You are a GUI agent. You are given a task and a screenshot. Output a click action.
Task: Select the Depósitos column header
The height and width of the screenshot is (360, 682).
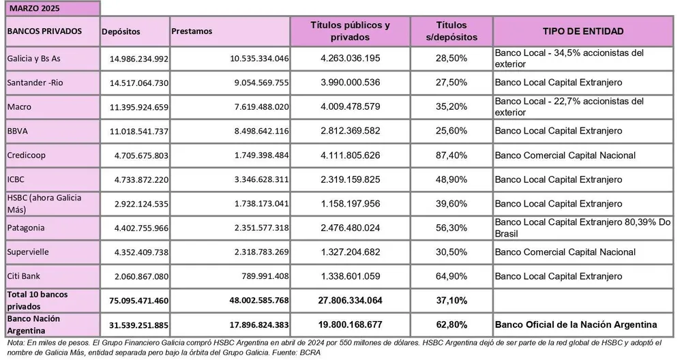coord(121,31)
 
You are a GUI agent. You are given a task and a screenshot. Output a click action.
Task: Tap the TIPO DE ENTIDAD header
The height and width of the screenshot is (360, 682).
coord(583,31)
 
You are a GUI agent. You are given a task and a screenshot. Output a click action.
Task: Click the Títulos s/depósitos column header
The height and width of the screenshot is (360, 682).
coord(451,31)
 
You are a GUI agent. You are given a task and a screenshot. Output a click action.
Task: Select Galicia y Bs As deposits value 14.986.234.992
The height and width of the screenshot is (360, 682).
coord(138,59)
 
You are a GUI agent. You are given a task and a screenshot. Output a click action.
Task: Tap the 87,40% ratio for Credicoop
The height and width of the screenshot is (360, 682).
coord(451,155)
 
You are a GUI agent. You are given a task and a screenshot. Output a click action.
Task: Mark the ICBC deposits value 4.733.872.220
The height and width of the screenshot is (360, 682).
coord(138,180)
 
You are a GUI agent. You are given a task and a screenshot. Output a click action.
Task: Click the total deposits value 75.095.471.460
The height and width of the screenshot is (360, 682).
coord(134,300)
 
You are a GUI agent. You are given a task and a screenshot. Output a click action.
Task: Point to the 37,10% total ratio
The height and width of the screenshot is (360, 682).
coord(451,300)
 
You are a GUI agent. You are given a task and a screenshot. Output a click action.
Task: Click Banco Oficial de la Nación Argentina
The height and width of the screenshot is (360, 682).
coord(576,324)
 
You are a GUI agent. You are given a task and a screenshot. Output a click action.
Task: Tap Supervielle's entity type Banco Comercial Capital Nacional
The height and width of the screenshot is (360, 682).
coord(565,252)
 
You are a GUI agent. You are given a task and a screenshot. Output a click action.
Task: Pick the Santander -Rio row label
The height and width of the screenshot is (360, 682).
coord(33,82)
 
